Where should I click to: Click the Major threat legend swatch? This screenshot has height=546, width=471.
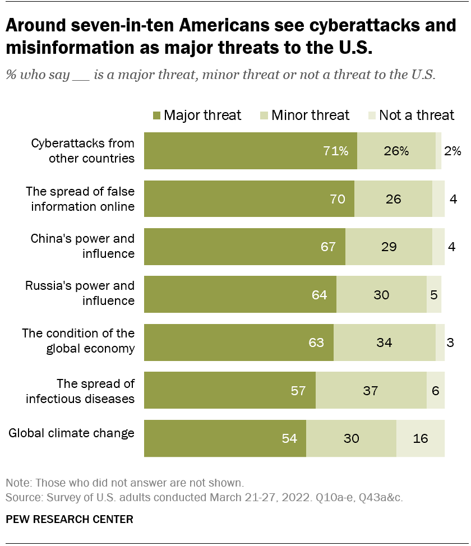coord(156,115)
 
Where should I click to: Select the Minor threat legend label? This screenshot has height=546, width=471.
coord(310,115)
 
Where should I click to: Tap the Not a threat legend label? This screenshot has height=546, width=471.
coord(416,115)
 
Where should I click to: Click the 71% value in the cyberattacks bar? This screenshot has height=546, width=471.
coord(336,151)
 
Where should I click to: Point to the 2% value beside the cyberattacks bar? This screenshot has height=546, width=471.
coord(452,151)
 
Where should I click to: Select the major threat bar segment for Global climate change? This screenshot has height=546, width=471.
coord(225,438)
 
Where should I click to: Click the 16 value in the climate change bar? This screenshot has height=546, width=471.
coord(421,438)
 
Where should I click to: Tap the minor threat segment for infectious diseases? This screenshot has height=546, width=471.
coord(371,390)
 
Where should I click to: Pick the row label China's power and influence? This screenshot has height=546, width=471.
coord(82,246)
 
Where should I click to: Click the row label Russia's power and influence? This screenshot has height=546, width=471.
coord(80,293)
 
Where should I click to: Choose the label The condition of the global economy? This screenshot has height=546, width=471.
coord(78,341)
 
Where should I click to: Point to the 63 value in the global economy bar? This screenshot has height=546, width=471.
coord(316,343)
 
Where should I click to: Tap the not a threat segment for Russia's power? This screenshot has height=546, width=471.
coord(434,294)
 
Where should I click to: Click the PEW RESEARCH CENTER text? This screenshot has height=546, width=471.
coord(70,519)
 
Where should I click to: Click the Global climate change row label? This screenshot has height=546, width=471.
coord(71,433)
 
